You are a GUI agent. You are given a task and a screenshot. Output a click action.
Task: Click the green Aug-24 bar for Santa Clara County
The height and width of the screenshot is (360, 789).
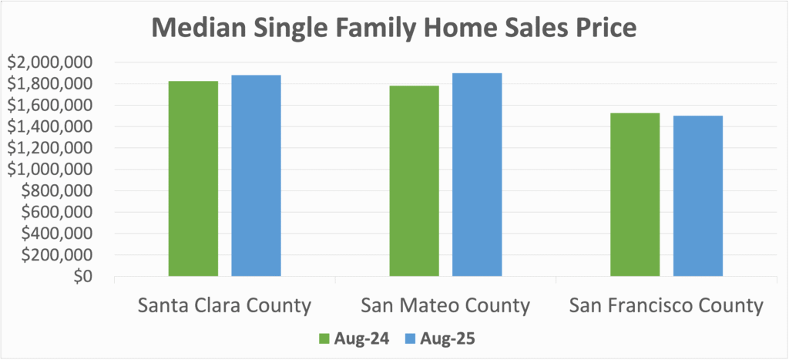click(193, 178)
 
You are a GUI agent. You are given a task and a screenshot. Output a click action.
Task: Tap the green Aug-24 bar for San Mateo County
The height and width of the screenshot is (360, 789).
click(415, 180)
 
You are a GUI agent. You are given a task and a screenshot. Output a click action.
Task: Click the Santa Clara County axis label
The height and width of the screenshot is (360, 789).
click(224, 305)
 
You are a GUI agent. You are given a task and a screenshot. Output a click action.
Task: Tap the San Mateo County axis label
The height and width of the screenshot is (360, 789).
click(445, 305)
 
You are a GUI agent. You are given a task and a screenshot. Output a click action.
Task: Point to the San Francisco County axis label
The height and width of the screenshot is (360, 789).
click(666, 305)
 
